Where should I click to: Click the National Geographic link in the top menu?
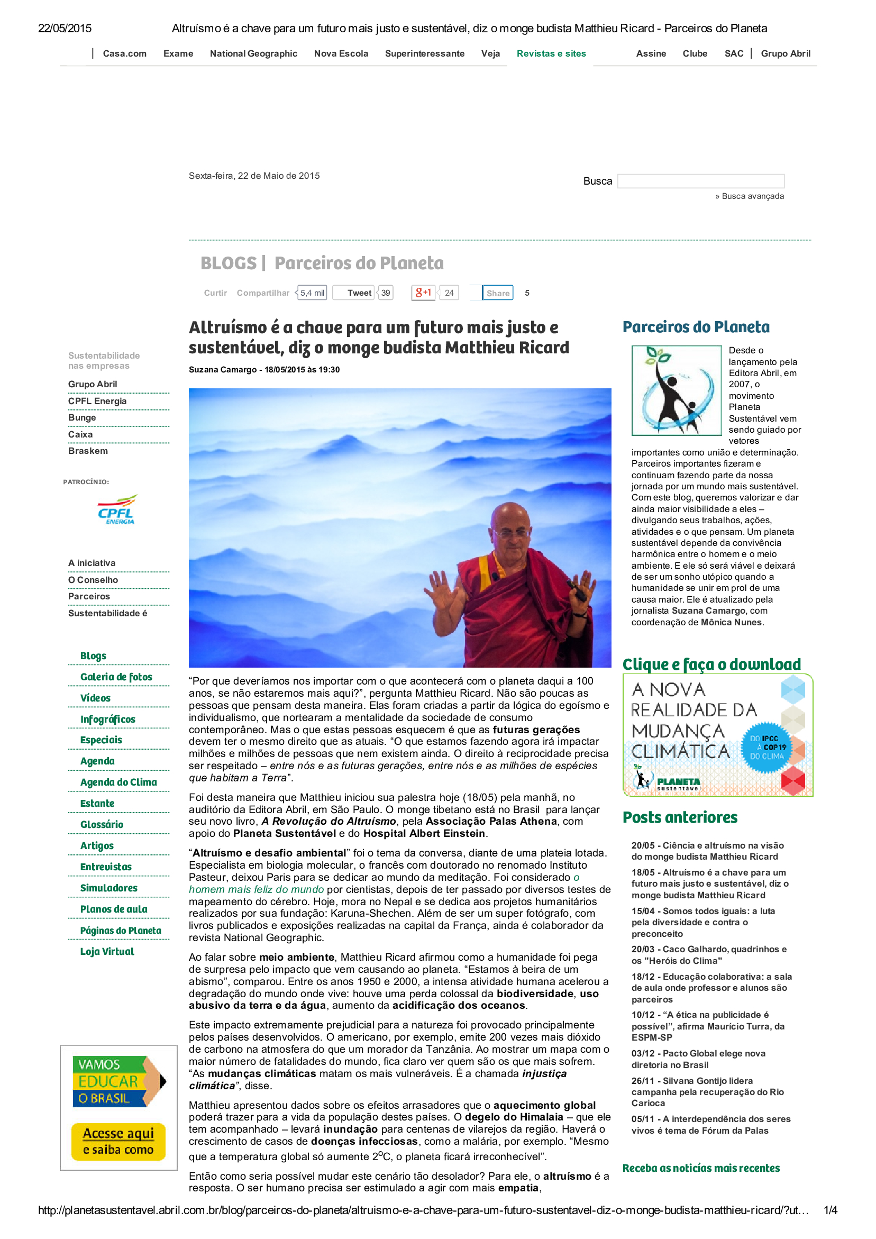click(x=253, y=53)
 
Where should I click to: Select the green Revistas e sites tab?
click(x=551, y=53)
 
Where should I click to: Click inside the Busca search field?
click(x=700, y=181)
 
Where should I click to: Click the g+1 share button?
click(x=423, y=293)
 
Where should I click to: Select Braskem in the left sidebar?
click(x=88, y=451)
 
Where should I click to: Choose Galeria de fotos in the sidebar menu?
click(x=116, y=677)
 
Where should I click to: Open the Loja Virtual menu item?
click(x=107, y=952)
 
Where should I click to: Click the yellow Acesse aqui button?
click(x=118, y=1141)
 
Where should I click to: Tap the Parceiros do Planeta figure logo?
click(x=676, y=390)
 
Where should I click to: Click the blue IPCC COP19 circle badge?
click(x=766, y=748)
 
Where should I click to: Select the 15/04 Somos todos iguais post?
click(x=702, y=922)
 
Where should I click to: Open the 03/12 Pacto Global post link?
click(x=698, y=1059)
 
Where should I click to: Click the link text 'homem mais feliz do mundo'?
click(x=257, y=889)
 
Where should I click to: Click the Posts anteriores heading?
click(x=680, y=818)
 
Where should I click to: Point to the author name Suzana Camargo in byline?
click(x=222, y=370)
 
